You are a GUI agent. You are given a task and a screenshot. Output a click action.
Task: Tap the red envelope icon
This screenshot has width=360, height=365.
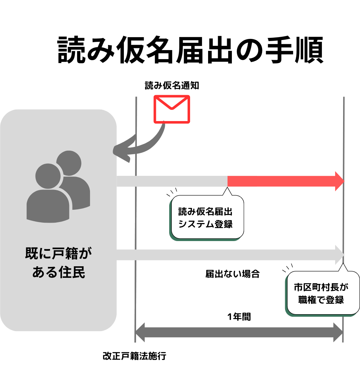tap(172, 109)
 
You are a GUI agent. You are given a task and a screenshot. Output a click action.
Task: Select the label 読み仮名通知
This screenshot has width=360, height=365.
tap(172, 85)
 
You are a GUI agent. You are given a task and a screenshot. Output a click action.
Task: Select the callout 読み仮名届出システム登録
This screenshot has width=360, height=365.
tap(206, 217)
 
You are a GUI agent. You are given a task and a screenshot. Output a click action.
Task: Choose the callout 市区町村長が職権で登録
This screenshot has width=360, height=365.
tap(321, 293)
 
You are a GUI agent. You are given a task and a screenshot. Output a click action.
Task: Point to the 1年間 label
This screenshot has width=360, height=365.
tap(239, 317)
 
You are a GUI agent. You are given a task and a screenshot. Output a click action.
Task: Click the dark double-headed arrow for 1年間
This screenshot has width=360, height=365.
tap(239, 332)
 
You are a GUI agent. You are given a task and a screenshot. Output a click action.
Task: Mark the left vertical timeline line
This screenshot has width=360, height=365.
tap(136, 216)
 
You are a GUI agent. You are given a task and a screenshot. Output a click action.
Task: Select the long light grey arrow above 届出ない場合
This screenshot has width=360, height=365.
tap(227, 255)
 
